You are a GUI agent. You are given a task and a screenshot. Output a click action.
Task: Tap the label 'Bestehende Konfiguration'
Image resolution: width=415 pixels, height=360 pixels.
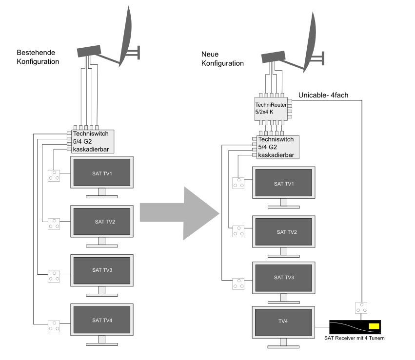(x=38, y=57)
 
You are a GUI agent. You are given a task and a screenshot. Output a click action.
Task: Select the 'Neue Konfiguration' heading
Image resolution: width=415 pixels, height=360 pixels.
(x=222, y=58)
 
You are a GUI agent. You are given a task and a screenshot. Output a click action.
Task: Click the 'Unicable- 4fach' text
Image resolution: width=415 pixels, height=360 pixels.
(x=322, y=95)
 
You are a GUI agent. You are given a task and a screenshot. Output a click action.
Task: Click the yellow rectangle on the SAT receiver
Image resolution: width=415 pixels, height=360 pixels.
(x=374, y=326)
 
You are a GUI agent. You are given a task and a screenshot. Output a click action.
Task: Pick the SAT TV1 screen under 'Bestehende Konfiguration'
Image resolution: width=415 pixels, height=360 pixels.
(x=102, y=173)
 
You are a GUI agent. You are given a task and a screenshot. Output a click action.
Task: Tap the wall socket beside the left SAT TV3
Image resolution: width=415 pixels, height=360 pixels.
(x=54, y=276)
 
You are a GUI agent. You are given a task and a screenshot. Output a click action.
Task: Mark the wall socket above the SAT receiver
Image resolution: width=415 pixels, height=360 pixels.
(x=361, y=308)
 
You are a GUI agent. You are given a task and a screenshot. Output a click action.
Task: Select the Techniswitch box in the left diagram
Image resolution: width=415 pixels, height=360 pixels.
(x=93, y=141)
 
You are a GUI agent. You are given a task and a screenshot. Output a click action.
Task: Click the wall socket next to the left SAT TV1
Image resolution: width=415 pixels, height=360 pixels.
(x=54, y=175)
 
